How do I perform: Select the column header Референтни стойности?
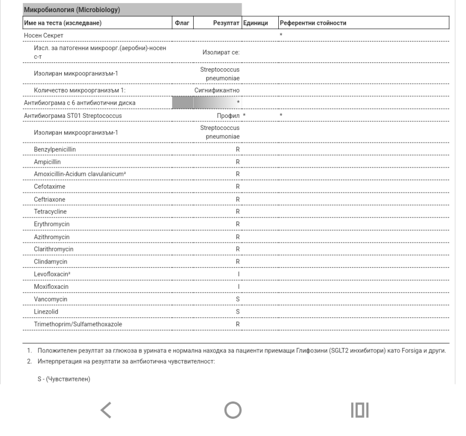(313, 23)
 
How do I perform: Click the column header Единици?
(256, 23)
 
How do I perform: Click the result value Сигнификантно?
(217, 91)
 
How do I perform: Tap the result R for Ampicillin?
(237, 162)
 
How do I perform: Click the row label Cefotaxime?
(50, 187)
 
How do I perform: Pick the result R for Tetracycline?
(237, 211)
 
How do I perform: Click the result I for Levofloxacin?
(238, 274)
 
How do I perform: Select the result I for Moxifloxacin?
(238, 287)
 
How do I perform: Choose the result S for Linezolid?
(237, 312)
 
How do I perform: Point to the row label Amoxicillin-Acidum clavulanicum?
(80, 175)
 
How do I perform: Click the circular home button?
(233, 411)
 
